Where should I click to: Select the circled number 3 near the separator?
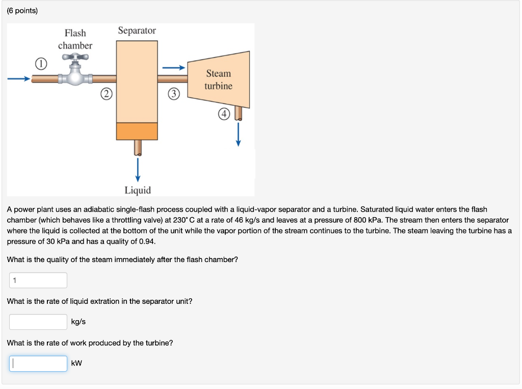coord(174,94)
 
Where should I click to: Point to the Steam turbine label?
coord(218,80)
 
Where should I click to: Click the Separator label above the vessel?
coord(137,31)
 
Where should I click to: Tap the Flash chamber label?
coord(75,39)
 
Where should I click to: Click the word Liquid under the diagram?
coord(138,190)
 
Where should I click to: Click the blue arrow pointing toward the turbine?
coord(173,67)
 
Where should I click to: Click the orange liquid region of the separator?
coord(137,131)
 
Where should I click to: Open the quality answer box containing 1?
coord(38,280)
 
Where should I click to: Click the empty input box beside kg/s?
coord(38,322)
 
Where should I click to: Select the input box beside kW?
coord(38,364)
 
